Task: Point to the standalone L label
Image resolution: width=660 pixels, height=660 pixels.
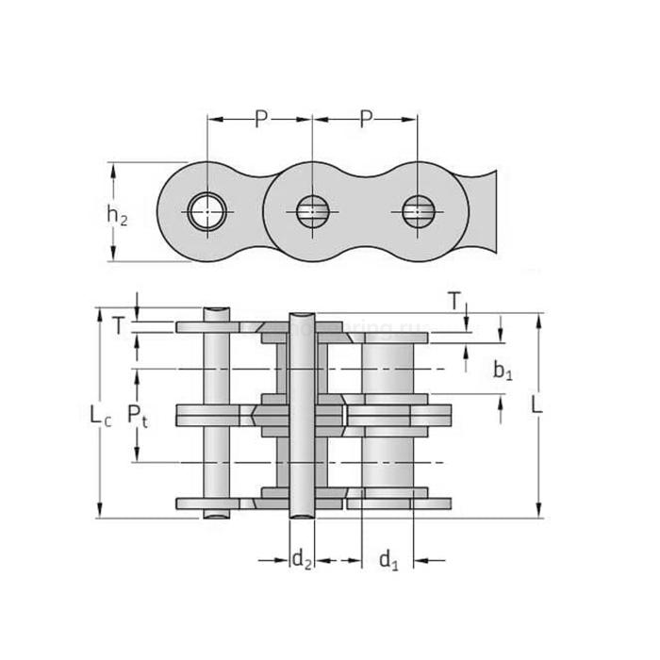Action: pos(536,404)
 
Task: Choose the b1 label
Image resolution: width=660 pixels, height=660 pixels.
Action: pos(503,371)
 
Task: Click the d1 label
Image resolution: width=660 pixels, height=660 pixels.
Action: pos(388,561)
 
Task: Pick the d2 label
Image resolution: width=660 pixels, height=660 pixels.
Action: pos(301,561)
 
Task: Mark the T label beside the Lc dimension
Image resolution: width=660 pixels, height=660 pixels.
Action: pos(118,326)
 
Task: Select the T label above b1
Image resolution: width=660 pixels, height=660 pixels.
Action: pos(454,302)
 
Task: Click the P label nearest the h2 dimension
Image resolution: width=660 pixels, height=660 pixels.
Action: pos(260,120)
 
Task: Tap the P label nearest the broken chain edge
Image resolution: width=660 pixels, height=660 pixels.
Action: pos(365,120)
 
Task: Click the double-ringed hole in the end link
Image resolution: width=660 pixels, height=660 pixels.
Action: pos(206,211)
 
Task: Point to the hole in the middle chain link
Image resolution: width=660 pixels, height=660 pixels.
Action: pos(311,211)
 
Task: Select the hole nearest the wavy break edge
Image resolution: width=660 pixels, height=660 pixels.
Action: pos(416,211)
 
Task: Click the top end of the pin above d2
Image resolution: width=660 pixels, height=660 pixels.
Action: pos(301,314)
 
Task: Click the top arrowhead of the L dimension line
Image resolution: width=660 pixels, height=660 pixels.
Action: pos(539,321)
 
